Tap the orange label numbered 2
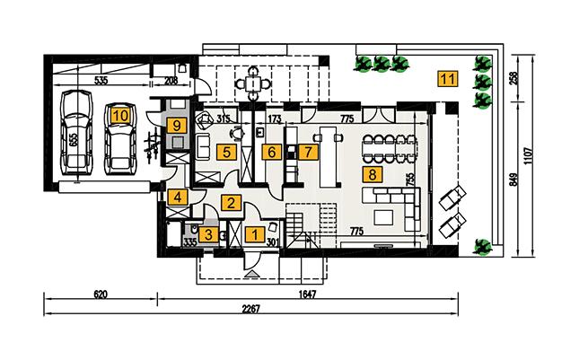pos(231,203)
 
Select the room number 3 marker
pos(208,235)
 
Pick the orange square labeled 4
pos(178,198)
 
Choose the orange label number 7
pos(308,152)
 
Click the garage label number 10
pos(119,114)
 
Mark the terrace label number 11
pos(446,77)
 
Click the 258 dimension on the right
pos(514,77)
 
